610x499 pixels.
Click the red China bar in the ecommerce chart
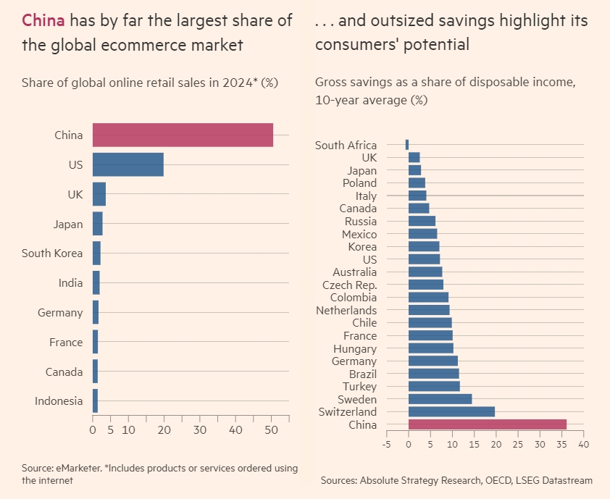tap(183, 135)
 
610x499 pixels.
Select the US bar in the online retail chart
tap(128, 164)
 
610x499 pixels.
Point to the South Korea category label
tap(57, 253)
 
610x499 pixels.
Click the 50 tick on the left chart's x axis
tap(271, 429)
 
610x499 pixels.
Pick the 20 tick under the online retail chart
tap(164, 429)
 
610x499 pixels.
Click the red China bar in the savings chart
tap(487, 425)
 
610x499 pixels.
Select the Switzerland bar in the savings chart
tap(451, 412)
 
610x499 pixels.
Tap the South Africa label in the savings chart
tap(346, 146)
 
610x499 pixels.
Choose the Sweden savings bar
tap(440, 399)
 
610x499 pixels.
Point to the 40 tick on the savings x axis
tap(583, 443)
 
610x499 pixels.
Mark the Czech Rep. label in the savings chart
tap(349, 285)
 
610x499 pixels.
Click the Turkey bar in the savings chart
tap(434, 387)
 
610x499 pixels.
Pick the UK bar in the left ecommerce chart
tap(99, 194)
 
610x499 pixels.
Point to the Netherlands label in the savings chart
tap(346, 310)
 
